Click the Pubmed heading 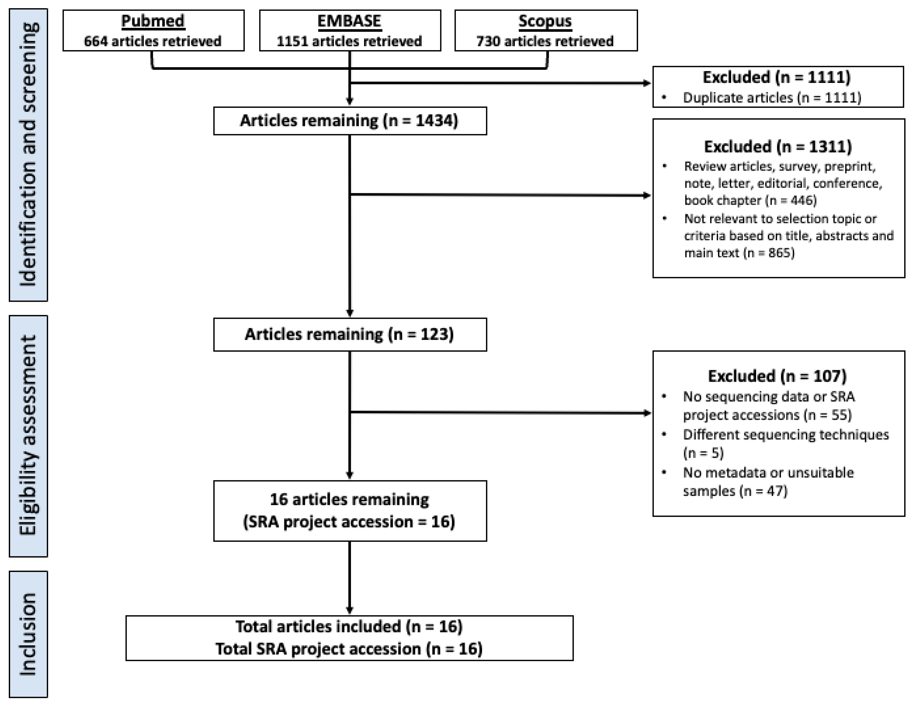tap(153, 21)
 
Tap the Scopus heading tap(545, 21)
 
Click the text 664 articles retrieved tap(153, 41)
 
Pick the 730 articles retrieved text tap(545, 41)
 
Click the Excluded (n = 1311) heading tap(778, 147)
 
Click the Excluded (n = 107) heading tap(777, 376)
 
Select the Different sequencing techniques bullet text tap(786, 435)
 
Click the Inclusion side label tap(28, 634)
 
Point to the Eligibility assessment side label tap(28, 435)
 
